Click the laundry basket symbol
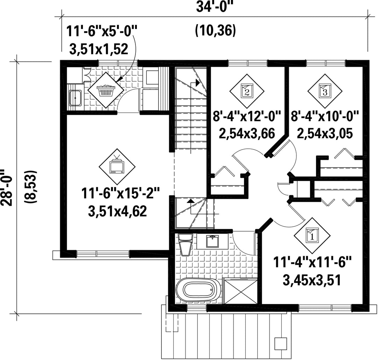click(106, 90)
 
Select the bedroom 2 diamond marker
click(247, 91)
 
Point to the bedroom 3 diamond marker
click(325, 91)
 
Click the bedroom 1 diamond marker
click(312, 235)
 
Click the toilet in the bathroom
click(185, 244)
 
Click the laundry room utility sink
click(76, 98)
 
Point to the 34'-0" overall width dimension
click(215, 7)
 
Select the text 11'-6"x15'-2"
click(120, 193)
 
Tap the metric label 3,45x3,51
click(312, 280)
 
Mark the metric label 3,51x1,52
click(99, 49)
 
